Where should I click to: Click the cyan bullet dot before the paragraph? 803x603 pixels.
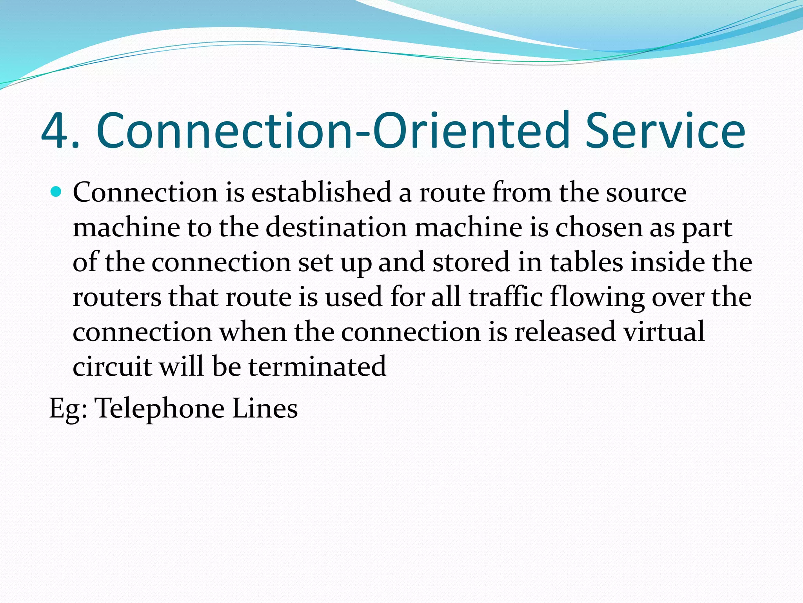pyautogui.click(x=56, y=192)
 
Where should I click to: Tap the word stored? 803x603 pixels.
pyautogui.click(x=471, y=262)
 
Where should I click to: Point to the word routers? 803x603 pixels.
pyautogui.click(x=117, y=297)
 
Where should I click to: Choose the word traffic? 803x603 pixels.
pyautogui.click(x=505, y=297)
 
